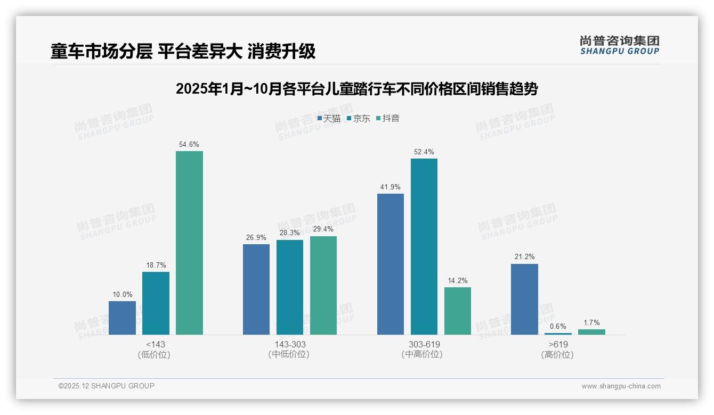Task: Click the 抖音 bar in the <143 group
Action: coord(189,243)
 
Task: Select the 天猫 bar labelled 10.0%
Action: coord(122,318)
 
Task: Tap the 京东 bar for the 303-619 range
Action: coord(424,246)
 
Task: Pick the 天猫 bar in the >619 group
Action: coord(524,299)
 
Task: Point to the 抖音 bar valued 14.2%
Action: coord(458,311)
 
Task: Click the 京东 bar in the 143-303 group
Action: coord(290,287)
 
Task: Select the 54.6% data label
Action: coord(189,144)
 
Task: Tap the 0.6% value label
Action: coord(558,326)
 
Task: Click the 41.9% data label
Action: coord(391,187)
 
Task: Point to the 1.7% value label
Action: coord(591,322)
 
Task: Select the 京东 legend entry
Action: coord(358,119)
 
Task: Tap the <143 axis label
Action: coord(156,344)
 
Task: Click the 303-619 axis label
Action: coord(424,344)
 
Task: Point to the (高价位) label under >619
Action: coord(558,355)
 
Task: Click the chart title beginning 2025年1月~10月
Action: coord(356,89)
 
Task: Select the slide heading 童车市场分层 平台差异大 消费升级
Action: coord(183,51)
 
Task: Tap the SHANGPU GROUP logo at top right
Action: coord(619,45)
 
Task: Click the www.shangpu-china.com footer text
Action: coord(621,386)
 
